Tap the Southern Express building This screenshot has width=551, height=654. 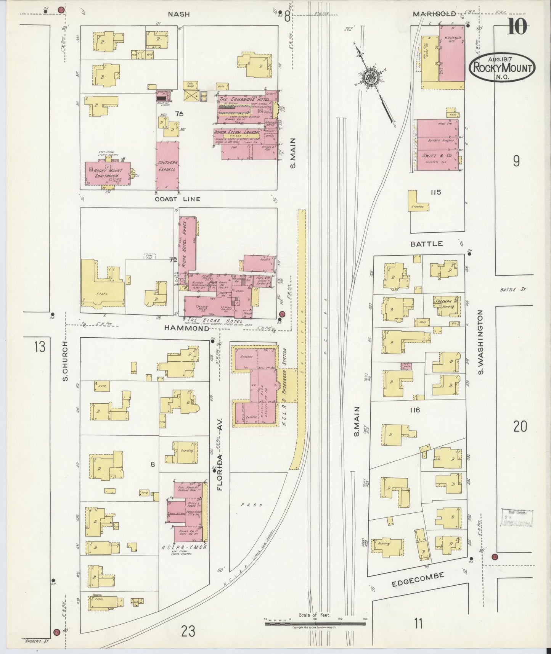(167, 166)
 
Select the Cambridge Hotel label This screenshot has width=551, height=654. (244, 99)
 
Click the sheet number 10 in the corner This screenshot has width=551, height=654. (517, 27)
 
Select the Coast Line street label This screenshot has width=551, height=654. (177, 199)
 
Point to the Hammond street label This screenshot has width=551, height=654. (187, 328)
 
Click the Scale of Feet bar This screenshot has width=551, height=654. (315, 624)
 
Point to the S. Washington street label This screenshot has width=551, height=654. (480, 342)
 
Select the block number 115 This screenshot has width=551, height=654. (435, 192)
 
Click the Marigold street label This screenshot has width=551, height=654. (434, 14)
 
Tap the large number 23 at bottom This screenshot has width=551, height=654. (188, 631)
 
